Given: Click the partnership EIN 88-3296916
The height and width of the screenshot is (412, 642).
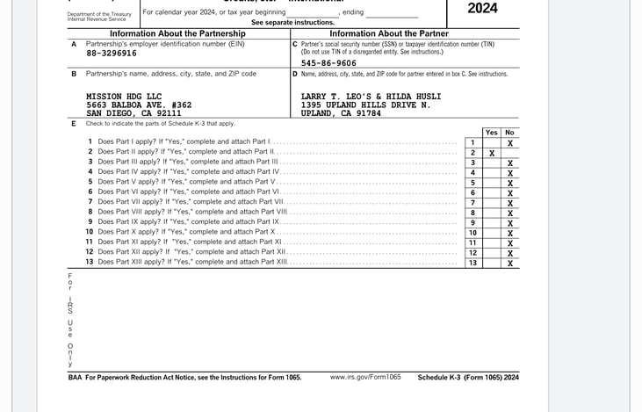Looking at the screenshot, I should coord(112,54).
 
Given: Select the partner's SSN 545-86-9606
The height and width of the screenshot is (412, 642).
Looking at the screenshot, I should coord(328,63).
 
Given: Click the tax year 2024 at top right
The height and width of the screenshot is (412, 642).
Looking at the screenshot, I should coord(482,9).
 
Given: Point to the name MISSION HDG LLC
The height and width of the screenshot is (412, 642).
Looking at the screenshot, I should coord(124,96).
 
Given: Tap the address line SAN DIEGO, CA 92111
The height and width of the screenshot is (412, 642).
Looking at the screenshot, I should coord(133,113).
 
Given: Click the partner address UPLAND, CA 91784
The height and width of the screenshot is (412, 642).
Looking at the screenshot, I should coord(341,113).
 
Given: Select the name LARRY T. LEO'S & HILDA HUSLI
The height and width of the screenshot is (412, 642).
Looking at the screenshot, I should coord(371,96).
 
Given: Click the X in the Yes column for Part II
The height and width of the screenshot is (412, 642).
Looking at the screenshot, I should coord(492,153).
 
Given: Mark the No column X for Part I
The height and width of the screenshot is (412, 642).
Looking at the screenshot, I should coord(510,142).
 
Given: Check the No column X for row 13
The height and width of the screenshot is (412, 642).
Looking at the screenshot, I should coord(510,263).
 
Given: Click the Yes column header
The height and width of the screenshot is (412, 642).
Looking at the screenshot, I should coord(492,133).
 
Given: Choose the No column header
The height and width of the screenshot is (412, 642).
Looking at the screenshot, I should coord(510,133).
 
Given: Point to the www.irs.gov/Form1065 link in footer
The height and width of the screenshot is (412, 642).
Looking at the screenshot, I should coord(365,377).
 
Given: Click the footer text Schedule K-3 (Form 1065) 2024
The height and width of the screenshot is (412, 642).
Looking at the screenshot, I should coord(468,377).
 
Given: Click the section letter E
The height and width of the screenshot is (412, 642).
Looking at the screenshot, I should coord(74,124).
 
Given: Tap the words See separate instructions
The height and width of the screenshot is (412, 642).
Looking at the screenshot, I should coord(292,22).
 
